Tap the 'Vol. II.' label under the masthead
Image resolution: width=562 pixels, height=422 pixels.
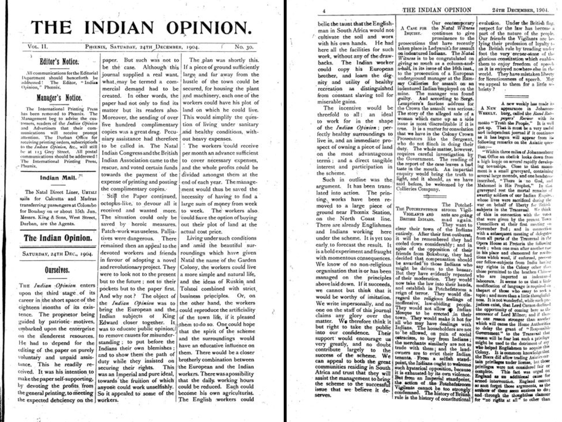(x=37, y=46)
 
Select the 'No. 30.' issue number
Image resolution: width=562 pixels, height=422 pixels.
(x=243, y=46)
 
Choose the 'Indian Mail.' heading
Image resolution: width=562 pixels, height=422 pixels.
(x=58, y=178)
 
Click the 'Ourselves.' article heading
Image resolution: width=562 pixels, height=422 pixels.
(x=57, y=270)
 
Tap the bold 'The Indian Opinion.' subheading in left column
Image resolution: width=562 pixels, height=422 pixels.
(x=58, y=238)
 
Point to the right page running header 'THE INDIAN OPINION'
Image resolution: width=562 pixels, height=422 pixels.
(x=437, y=10)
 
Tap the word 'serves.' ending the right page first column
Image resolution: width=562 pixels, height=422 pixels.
(x=323, y=395)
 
